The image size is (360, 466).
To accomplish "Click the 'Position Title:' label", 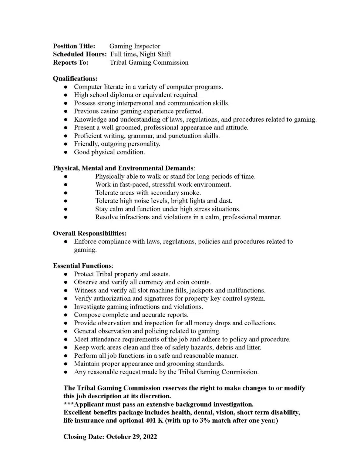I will (x=74, y=46).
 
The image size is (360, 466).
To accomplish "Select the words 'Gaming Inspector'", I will (x=135, y=46).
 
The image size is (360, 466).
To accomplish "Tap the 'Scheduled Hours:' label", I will (x=79, y=54).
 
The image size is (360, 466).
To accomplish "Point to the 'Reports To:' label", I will (x=71, y=62).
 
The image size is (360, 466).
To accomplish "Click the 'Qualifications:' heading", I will (x=75, y=79).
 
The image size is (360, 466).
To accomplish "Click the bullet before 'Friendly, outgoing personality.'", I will (x=66, y=144).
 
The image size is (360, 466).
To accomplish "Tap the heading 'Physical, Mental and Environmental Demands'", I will (x=123, y=168).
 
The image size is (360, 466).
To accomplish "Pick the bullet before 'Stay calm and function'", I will (x=66, y=209).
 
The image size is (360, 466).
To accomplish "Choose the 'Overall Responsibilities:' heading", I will (x=90, y=233).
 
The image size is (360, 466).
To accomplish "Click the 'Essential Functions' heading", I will (x=82, y=266).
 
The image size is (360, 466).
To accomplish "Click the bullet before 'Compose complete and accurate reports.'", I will (x=66, y=315).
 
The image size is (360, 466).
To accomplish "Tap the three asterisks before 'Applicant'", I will (x=69, y=404).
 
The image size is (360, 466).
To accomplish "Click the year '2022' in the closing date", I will (x=150, y=437).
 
